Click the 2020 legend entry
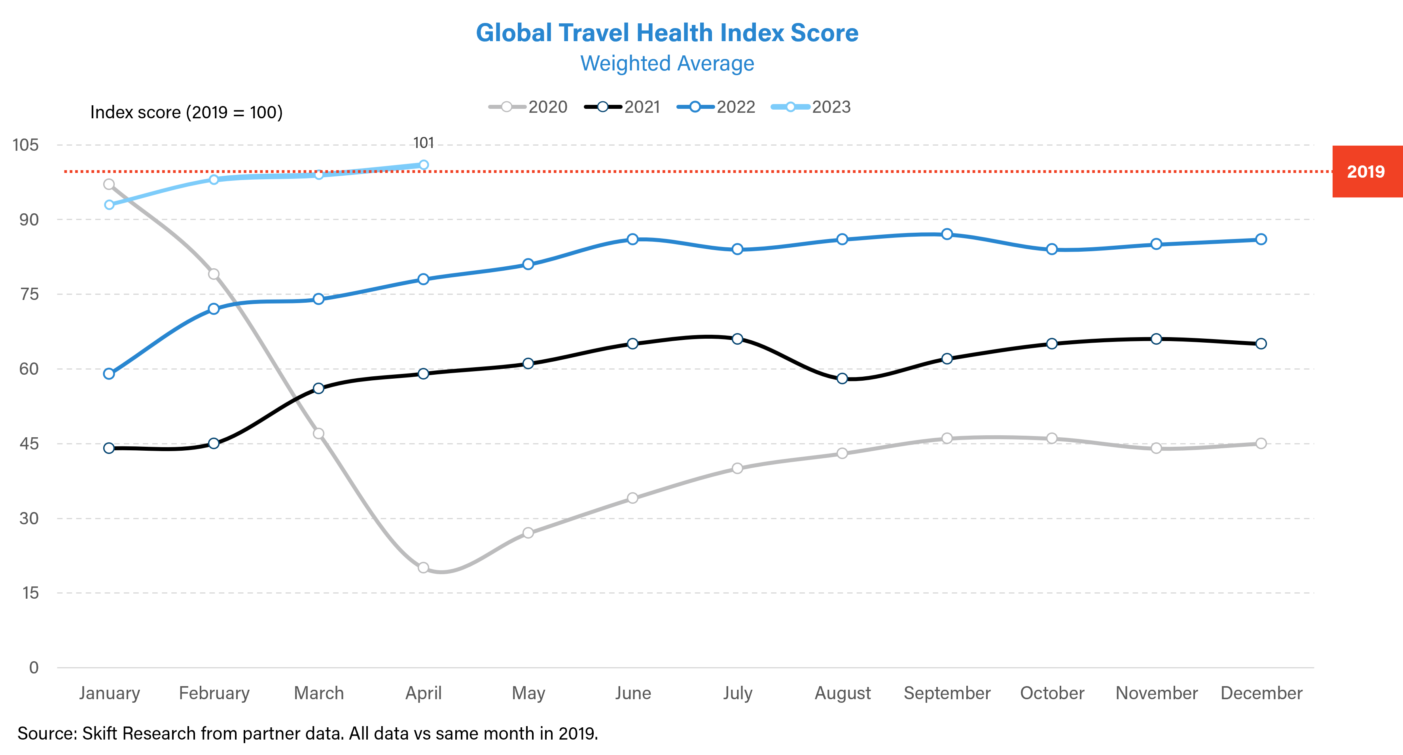click(x=528, y=107)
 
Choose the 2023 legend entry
click(x=812, y=107)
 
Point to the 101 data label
click(x=423, y=143)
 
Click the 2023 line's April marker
click(x=423, y=165)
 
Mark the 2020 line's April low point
click(x=423, y=567)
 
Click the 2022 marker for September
click(x=947, y=234)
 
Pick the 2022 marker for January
click(x=109, y=374)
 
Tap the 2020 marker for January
click(x=109, y=184)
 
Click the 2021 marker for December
click(x=1261, y=344)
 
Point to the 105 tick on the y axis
click(x=26, y=145)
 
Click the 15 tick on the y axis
click(x=30, y=593)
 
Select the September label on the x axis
click(x=947, y=693)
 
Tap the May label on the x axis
click(x=528, y=693)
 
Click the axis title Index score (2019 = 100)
click(x=186, y=112)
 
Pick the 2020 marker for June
click(x=632, y=498)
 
